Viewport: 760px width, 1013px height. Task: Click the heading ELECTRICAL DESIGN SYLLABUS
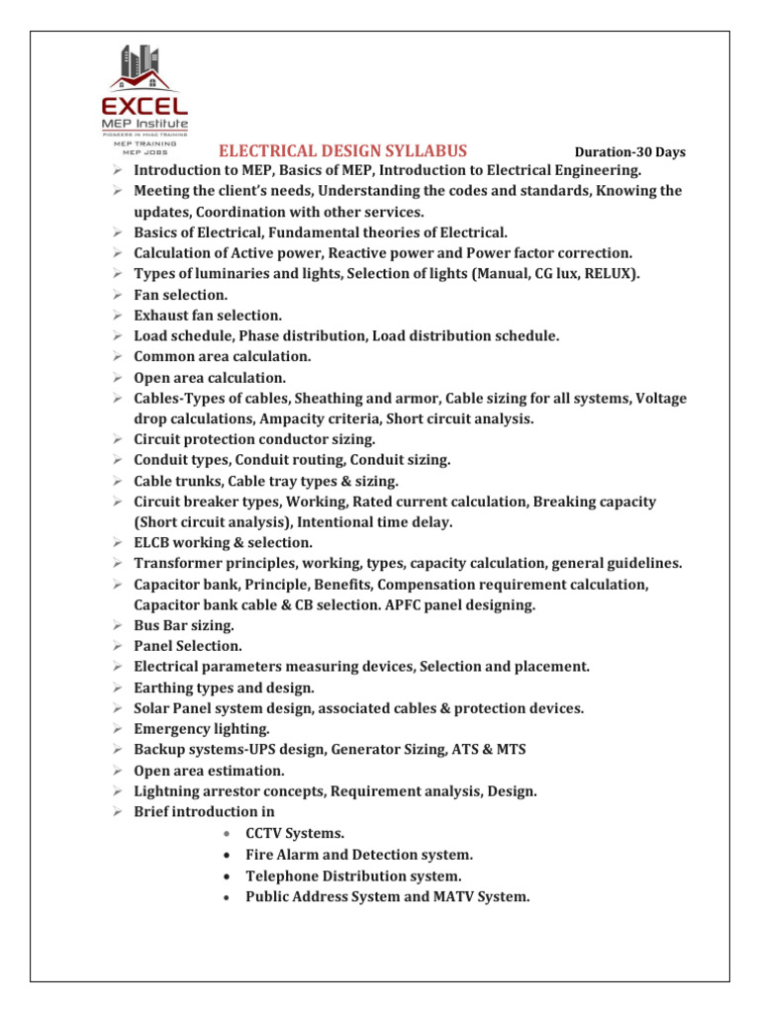pos(341,151)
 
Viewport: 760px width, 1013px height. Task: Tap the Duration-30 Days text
pos(630,152)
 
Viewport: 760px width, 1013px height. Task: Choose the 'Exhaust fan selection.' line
pos(208,316)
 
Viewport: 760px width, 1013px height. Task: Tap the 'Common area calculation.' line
pos(223,357)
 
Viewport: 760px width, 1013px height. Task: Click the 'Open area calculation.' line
pos(211,378)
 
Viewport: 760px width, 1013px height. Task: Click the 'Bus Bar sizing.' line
pos(185,625)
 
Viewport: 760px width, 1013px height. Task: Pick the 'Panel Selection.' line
pos(188,646)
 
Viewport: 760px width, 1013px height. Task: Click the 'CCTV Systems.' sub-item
pos(295,833)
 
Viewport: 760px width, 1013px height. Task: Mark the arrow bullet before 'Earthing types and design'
pos(117,688)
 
